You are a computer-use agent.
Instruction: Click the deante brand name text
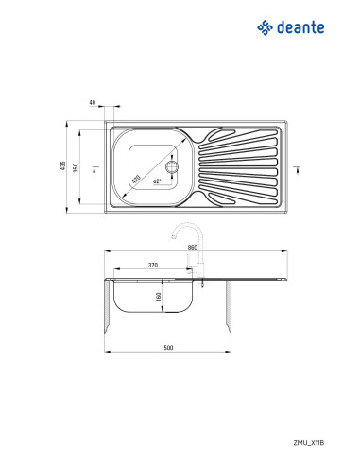(300, 27)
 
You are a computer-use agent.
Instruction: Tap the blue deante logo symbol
(265, 27)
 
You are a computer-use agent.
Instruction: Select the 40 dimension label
(93, 102)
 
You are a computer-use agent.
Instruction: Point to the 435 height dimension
(63, 166)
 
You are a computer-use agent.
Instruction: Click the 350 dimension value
(76, 167)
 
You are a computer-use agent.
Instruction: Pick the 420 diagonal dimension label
(136, 180)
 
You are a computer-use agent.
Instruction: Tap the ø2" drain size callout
(157, 181)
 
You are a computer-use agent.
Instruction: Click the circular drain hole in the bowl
(172, 166)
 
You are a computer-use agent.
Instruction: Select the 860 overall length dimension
(193, 248)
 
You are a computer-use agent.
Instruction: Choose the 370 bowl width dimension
(153, 266)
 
